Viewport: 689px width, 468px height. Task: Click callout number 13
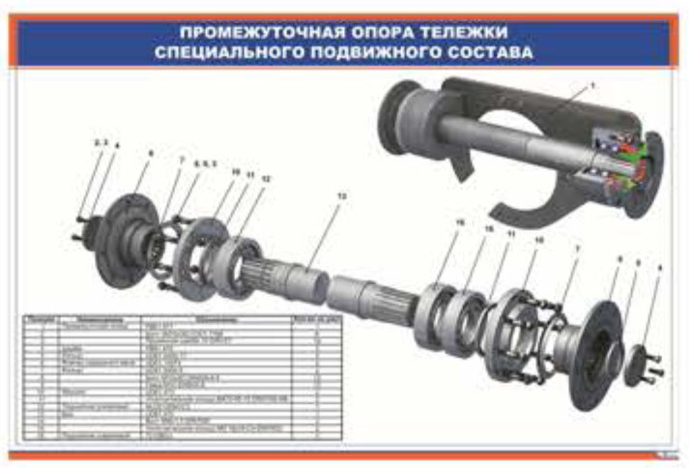[339, 195]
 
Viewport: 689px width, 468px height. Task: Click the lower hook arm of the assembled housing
[522, 203]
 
